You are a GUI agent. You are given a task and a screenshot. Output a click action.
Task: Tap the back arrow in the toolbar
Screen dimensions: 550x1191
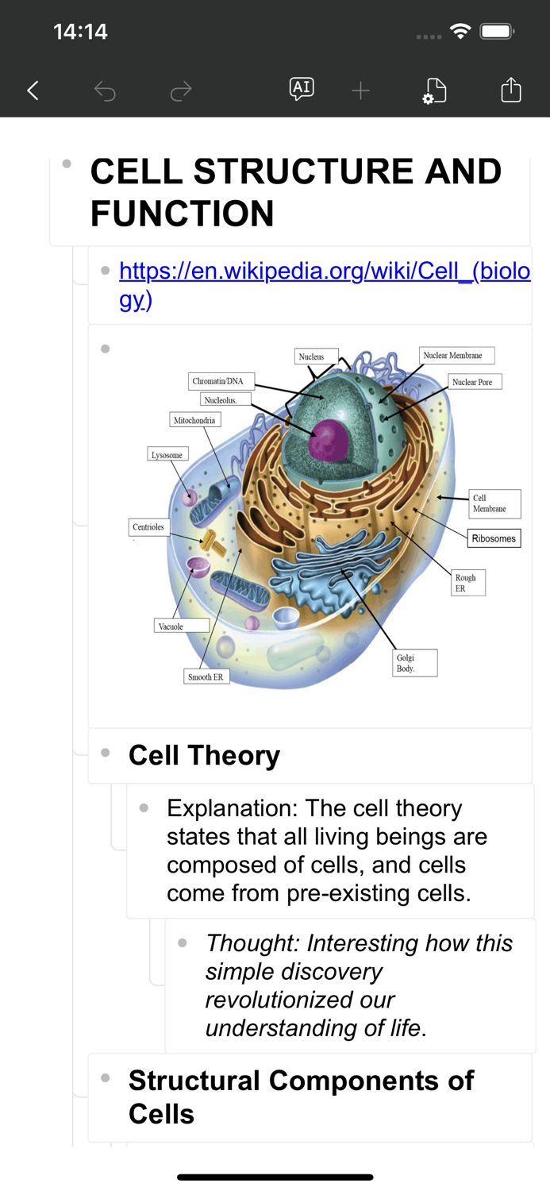[x=33, y=91]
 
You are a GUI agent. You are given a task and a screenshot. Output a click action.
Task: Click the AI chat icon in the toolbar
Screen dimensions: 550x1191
[x=302, y=89]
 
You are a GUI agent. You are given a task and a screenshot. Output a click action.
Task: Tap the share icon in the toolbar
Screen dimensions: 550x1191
[x=511, y=89]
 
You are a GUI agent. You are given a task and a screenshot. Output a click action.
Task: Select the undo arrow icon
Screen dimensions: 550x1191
[x=105, y=91]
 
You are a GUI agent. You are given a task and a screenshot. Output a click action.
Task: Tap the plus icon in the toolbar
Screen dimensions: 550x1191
[x=360, y=91]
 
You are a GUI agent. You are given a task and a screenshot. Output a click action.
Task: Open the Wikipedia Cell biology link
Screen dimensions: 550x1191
[x=325, y=285]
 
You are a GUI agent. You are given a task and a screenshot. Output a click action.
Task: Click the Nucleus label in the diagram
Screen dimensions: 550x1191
[x=316, y=357]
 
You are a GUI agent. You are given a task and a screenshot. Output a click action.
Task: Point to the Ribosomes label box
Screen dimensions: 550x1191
[x=494, y=538]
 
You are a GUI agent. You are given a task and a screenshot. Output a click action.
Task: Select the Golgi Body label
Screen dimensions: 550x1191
[x=415, y=662]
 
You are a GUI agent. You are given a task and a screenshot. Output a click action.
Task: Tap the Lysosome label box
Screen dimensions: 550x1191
[x=168, y=455]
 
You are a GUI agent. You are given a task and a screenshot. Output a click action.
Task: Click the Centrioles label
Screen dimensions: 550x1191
[x=149, y=527]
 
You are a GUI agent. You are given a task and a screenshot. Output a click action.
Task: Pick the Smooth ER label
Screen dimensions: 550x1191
[x=206, y=676]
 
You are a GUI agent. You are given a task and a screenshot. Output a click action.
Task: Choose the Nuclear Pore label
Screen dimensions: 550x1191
[x=475, y=382]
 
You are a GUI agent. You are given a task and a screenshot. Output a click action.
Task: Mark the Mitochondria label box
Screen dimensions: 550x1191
[x=195, y=419]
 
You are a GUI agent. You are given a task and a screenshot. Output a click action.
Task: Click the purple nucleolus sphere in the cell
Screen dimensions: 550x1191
[x=329, y=440]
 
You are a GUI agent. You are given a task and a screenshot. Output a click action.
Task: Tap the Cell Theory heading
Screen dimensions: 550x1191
[x=204, y=756]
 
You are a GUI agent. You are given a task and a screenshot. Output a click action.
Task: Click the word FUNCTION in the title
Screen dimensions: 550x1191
[x=183, y=214]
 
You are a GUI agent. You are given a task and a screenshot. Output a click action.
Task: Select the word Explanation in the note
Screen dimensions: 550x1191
[x=233, y=809]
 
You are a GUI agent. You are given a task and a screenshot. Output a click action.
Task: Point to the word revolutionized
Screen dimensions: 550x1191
[x=300, y=1000]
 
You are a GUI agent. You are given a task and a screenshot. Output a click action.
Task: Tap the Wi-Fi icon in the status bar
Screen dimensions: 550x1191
[x=460, y=32]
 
